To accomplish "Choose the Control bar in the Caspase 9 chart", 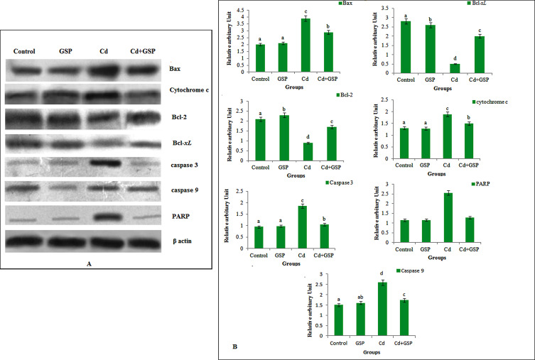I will coord(338,320).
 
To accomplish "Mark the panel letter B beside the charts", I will coord(234,346).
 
